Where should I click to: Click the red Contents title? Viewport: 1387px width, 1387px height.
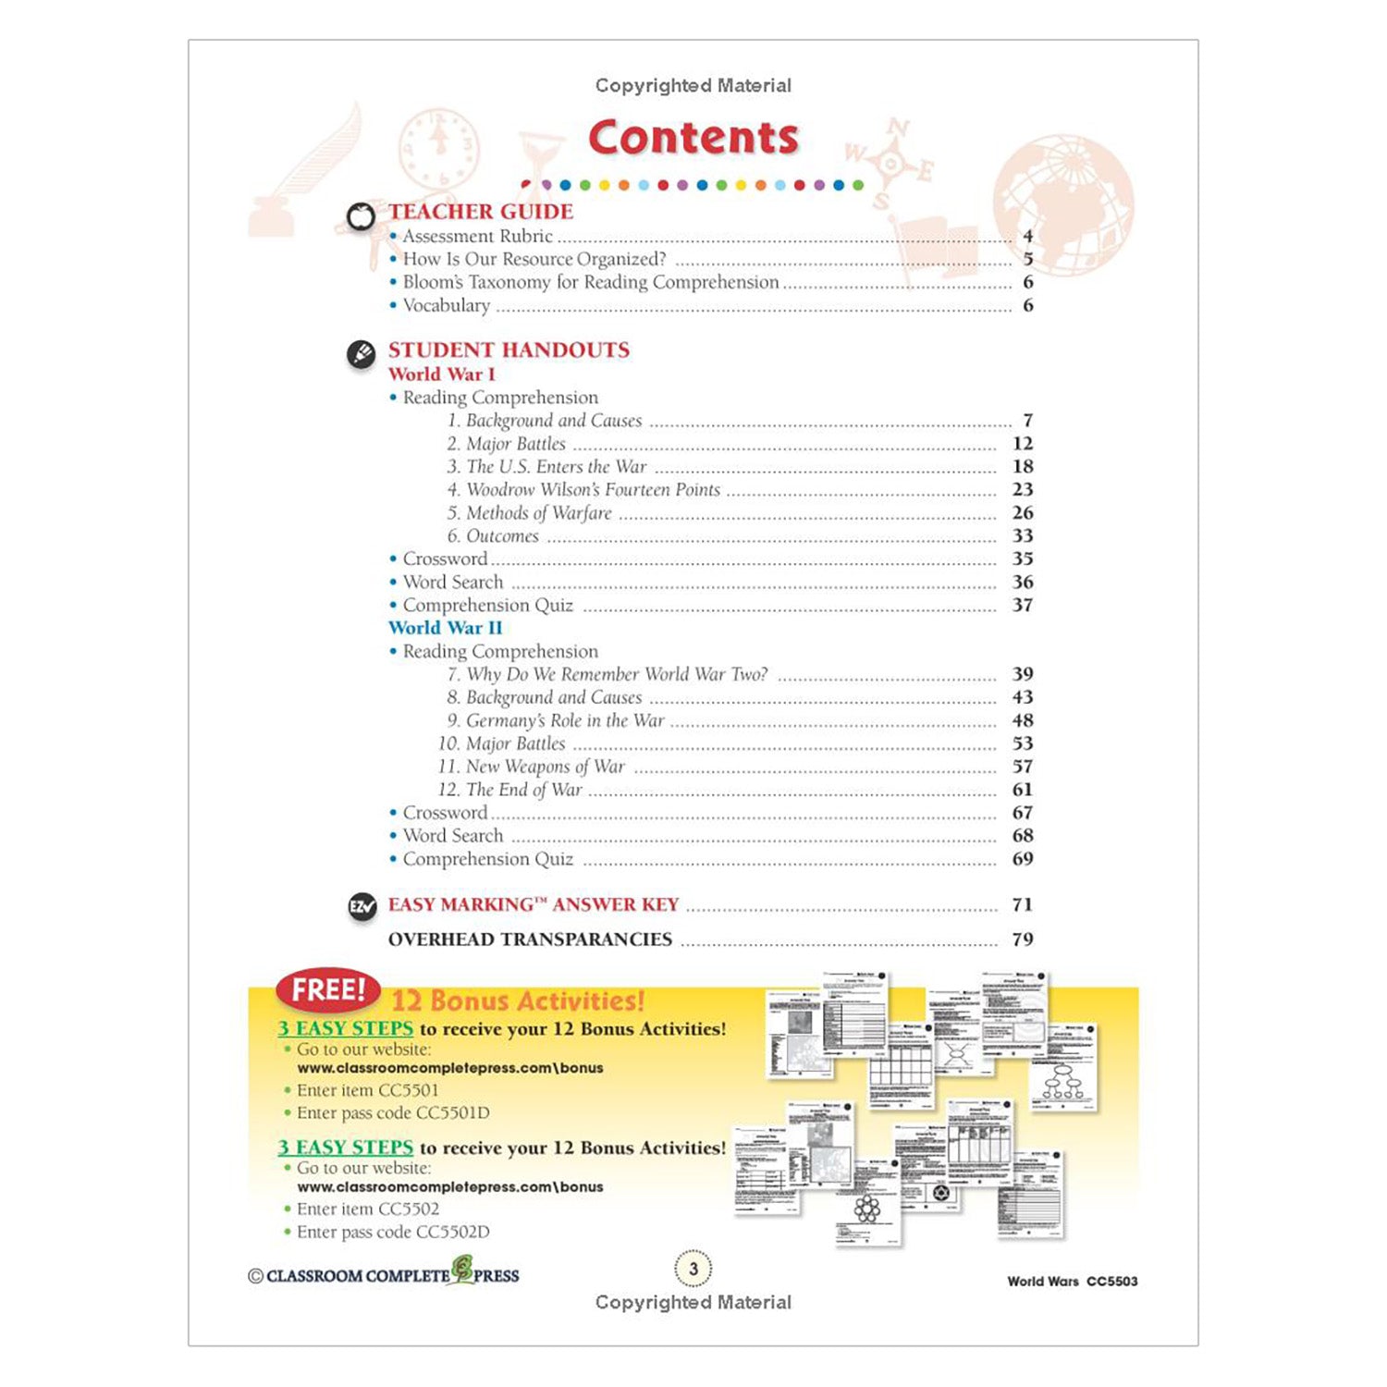pos(693,138)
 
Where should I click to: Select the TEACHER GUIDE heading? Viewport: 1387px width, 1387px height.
pos(481,212)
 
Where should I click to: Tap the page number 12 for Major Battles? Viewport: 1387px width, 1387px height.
pos(1022,444)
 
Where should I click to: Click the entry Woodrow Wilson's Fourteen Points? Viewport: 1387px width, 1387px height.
pos(593,490)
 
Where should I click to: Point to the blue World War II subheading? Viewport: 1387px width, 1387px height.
pos(445,628)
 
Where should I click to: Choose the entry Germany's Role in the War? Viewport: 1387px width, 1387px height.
pos(565,720)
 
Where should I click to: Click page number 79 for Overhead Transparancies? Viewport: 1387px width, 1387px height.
pos(1022,939)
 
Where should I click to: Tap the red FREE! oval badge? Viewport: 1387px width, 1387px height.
pos(328,990)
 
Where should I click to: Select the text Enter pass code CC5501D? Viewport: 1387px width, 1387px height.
pos(393,1113)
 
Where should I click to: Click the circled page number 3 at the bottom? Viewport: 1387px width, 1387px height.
pos(693,1269)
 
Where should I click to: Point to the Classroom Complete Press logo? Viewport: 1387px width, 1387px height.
pos(384,1274)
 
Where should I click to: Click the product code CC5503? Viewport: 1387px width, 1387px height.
pos(1111,1282)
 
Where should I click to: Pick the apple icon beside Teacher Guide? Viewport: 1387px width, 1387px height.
pos(361,216)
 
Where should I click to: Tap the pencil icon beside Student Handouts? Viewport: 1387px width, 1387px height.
pos(361,354)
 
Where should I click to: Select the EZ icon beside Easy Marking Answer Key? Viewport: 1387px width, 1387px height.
pos(362,907)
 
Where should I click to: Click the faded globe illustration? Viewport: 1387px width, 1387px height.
pos(1063,203)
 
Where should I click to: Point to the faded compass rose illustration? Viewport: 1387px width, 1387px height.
pos(890,164)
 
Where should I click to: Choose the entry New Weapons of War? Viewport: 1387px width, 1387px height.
pos(545,767)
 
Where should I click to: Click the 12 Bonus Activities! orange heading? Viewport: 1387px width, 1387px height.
pos(518,1000)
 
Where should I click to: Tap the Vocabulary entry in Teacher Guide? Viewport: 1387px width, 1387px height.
pos(446,306)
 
